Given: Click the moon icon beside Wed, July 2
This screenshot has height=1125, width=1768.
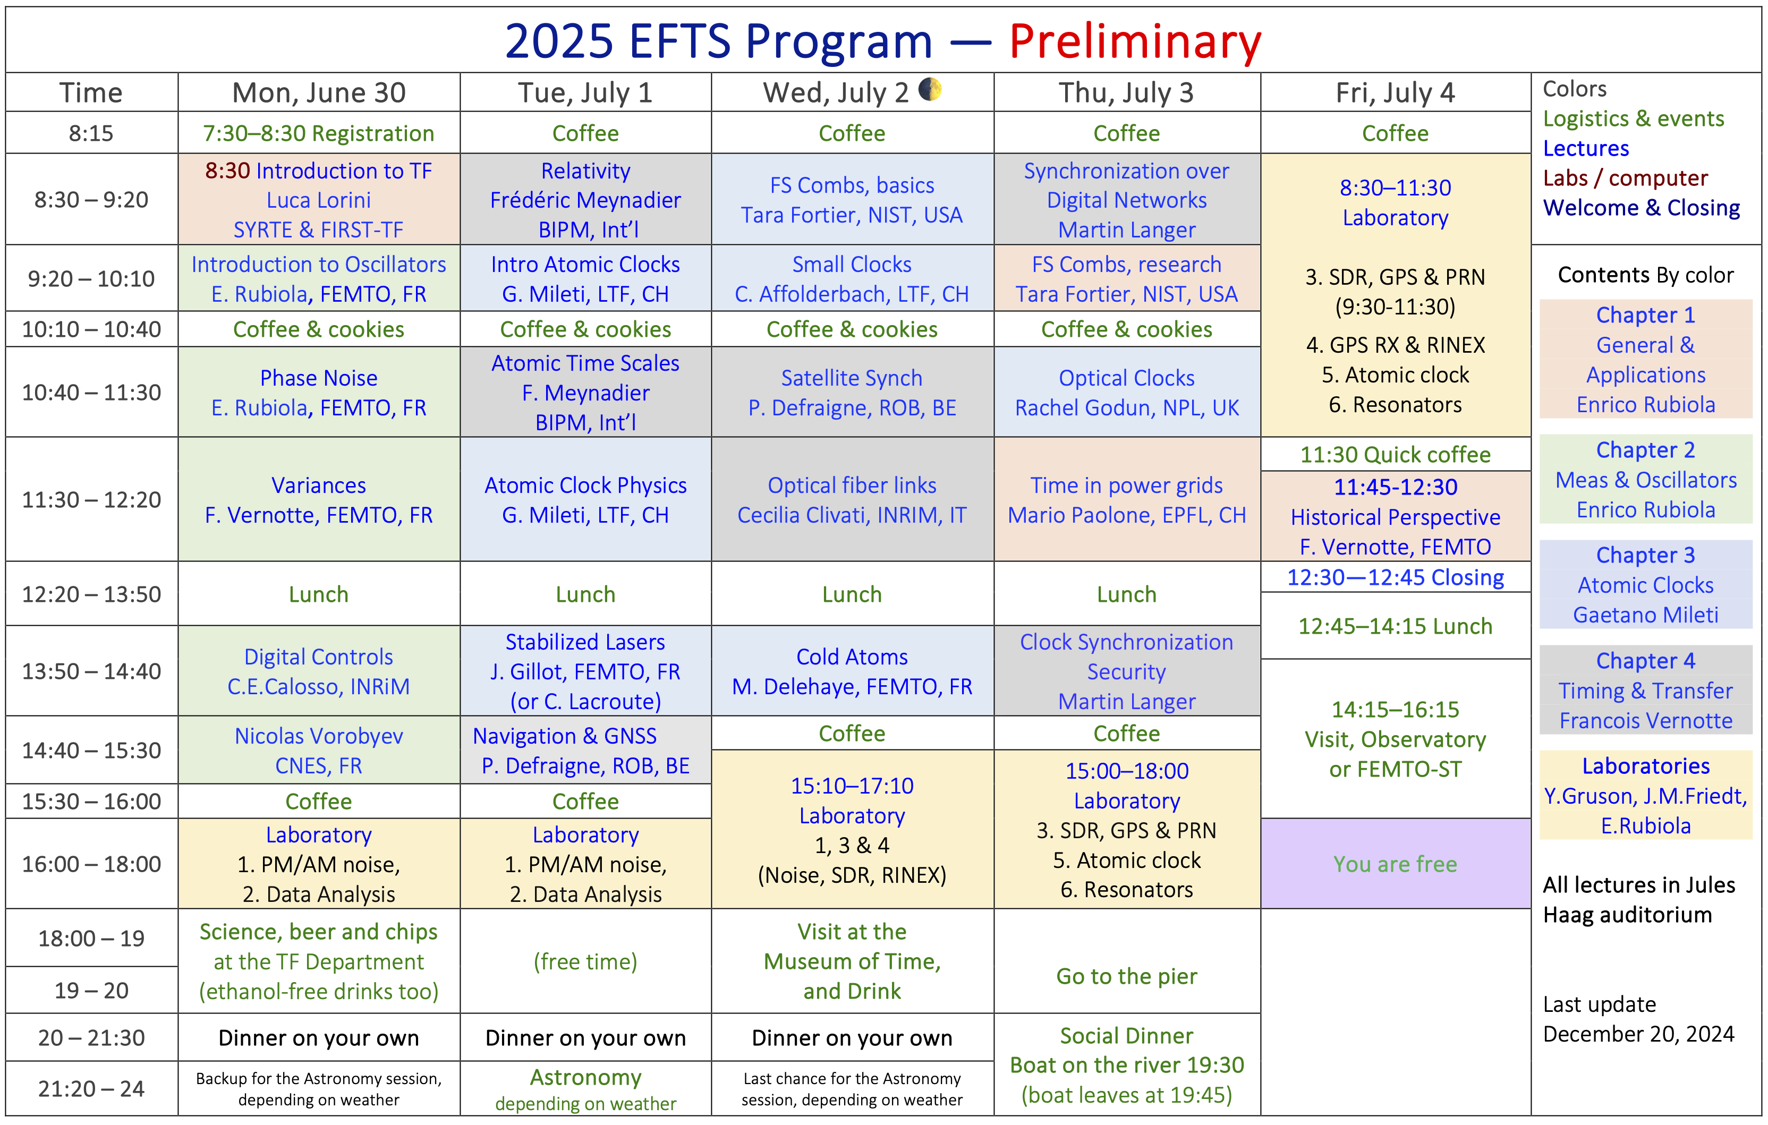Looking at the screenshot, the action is pos(930,90).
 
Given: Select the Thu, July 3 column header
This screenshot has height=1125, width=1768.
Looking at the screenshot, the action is pos(1126,92).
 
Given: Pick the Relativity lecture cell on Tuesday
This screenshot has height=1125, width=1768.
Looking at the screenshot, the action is pos(585,200).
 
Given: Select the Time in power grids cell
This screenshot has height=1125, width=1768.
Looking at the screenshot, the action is pos(1126,499).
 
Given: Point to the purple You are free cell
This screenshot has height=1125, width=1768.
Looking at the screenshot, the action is pos(1395,864).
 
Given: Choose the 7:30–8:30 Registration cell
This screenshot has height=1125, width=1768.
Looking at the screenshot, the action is pos(319,133).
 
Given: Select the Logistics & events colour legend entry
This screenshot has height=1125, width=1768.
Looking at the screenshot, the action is pos(1633,118).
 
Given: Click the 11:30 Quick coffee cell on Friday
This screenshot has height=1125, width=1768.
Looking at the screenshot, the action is pos(1395,455).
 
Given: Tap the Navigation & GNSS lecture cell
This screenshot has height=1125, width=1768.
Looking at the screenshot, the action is pos(585,751).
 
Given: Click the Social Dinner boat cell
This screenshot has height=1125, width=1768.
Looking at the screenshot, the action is pos(1126,1065).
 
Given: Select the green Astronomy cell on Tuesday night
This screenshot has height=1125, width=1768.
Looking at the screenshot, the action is pos(585,1089).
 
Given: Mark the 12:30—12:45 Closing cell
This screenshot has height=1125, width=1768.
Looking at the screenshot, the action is pos(1395,577).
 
